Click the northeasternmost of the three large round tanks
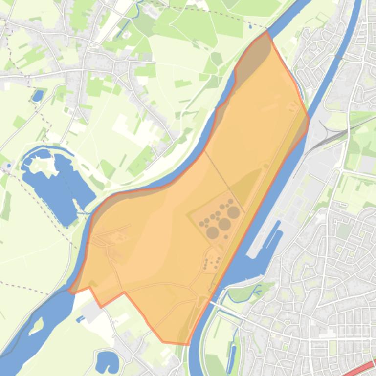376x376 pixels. tap(233, 212)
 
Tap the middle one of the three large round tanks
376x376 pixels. tap(224, 224)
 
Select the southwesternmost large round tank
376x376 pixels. tap(212, 232)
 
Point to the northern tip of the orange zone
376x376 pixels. tap(266, 32)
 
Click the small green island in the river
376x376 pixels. tap(36, 326)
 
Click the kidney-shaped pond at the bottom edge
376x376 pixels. tap(107, 361)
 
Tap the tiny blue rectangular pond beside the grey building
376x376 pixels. tap(79, 319)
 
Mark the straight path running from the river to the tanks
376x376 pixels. tap(222, 176)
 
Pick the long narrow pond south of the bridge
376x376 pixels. tap(232, 352)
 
